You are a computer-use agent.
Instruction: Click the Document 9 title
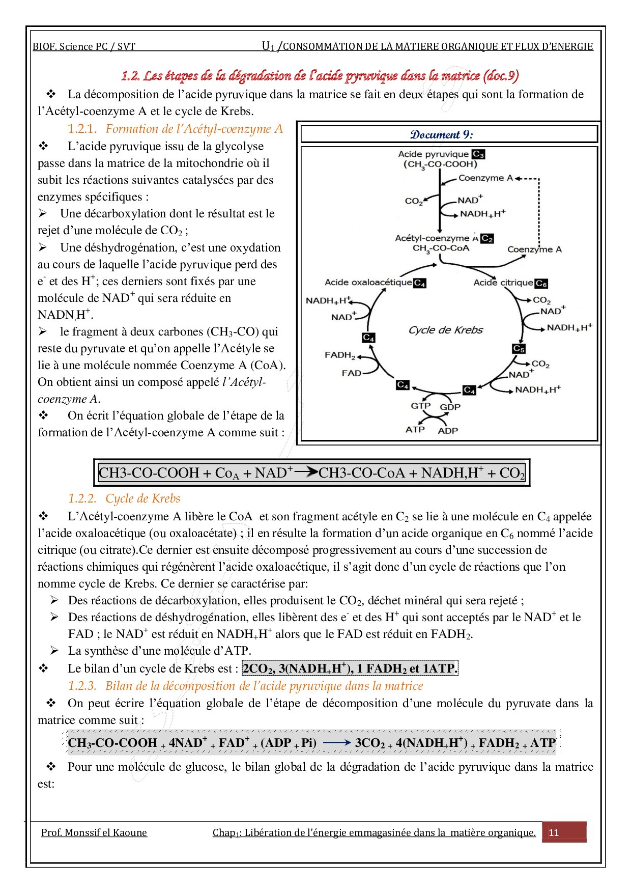pyautogui.click(x=441, y=134)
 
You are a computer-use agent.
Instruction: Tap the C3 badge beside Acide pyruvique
pyautogui.click(x=478, y=154)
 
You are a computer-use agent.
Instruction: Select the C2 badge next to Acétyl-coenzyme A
pyautogui.click(x=487, y=238)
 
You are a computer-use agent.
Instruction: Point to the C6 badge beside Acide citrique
pyautogui.click(x=541, y=284)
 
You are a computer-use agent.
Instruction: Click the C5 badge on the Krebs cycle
pyautogui.click(x=519, y=349)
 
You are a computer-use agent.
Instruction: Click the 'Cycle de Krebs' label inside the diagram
pyautogui.click(x=445, y=330)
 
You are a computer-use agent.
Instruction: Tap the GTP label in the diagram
pyautogui.click(x=420, y=406)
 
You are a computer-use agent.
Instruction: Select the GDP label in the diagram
pyautogui.click(x=450, y=407)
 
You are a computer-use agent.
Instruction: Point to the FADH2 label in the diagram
pyautogui.click(x=339, y=355)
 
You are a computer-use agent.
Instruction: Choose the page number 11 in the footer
pyautogui.click(x=554, y=832)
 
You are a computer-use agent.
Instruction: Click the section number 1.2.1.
pyautogui.click(x=82, y=129)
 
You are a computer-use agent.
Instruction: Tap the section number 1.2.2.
pyautogui.click(x=82, y=498)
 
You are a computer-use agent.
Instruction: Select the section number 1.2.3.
pyautogui.click(x=82, y=686)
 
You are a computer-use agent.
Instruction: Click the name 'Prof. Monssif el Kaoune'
pyautogui.click(x=94, y=832)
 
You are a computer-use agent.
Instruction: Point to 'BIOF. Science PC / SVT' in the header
pyautogui.click(x=84, y=47)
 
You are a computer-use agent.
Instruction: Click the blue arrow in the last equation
pyautogui.click(x=336, y=743)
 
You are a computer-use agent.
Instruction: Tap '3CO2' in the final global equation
pyautogui.click(x=370, y=743)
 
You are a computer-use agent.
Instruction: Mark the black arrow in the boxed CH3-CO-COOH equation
pyautogui.click(x=306, y=472)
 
